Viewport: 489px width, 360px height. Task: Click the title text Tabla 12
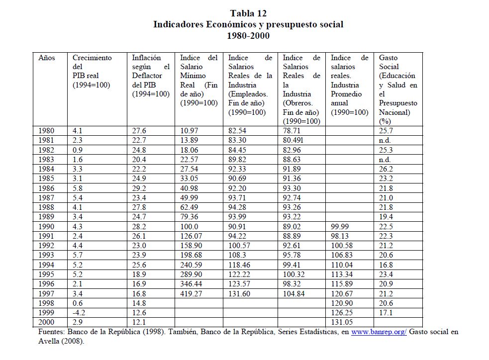coord(248,13)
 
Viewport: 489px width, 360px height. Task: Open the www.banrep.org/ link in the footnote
coord(379,332)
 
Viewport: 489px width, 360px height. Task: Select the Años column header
coord(47,58)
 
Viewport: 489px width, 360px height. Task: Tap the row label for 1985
coord(47,178)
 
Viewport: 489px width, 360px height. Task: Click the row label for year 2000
coord(47,322)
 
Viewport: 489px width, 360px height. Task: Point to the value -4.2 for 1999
coord(80,312)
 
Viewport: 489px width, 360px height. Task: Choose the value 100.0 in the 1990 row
coord(189,226)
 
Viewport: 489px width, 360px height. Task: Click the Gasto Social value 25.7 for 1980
coord(386,131)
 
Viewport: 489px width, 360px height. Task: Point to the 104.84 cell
coord(293,293)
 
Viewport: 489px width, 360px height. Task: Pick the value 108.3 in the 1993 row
coord(238,255)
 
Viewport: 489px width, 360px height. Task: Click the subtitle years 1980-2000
coord(248,35)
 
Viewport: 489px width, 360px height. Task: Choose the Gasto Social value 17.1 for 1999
coord(386,312)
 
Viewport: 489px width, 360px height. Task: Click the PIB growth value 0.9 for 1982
coord(78,150)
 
